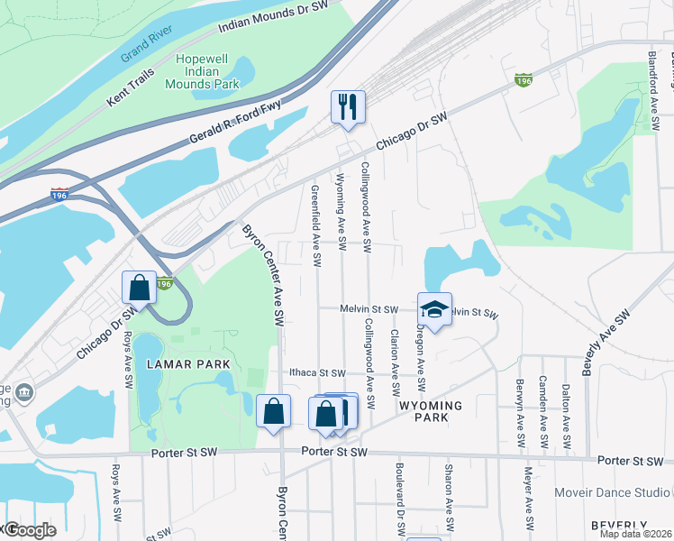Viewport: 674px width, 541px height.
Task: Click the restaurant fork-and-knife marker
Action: point(346,107)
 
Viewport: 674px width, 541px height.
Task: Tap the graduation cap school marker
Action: point(434,309)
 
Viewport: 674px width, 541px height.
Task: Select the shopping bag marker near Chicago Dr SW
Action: point(141,289)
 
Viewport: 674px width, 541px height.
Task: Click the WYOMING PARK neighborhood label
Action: point(431,412)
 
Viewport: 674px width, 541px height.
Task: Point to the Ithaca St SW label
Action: point(317,372)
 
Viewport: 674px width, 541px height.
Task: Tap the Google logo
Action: point(30,530)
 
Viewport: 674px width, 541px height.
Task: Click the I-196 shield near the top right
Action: point(523,80)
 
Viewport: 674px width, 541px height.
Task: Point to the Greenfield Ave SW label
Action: point(316,226)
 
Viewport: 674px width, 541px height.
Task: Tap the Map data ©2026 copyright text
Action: point(634,534)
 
